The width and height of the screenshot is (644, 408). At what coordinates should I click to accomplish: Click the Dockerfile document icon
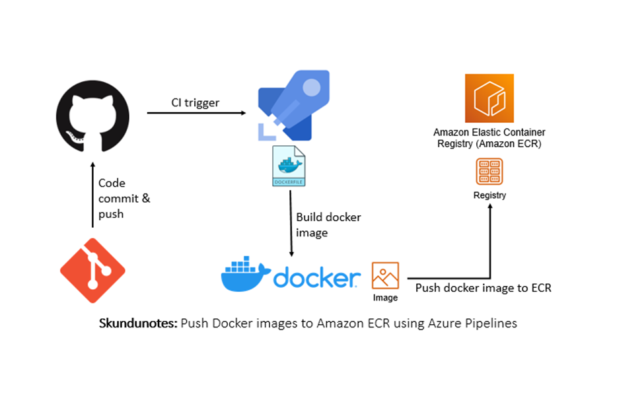289,166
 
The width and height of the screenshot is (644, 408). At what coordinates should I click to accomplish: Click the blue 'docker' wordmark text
316,278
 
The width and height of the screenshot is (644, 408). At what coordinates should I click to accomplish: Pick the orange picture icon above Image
385,276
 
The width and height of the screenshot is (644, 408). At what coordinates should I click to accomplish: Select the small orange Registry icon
489,172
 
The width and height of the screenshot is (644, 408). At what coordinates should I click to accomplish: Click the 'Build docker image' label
328,224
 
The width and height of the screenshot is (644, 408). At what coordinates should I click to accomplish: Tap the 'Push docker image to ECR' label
483,288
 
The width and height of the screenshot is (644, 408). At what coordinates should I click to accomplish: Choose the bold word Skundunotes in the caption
138,323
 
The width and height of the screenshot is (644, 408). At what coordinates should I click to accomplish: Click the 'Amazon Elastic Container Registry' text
489,138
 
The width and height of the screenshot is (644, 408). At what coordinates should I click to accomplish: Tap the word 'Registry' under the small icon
489,195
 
